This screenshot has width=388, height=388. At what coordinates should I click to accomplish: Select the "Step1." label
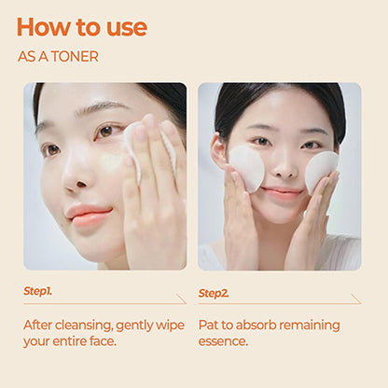[x=37, y=291]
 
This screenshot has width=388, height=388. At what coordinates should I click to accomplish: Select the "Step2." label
[x=214, y=293]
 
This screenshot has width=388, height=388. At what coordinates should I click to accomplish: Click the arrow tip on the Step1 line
[x=186, y=303]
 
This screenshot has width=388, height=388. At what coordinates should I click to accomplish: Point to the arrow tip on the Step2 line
[x=361, y=303]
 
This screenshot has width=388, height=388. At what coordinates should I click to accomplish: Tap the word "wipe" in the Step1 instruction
[x=170, y=326]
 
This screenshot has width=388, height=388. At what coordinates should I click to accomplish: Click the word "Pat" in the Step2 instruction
[x=208, y=326]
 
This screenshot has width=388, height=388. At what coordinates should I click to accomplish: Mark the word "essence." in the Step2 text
[x=223, y=341]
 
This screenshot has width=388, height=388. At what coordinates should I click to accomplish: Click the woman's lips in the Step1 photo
[x=90, y=215]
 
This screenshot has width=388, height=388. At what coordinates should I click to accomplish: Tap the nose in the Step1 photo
[x=76, y=175]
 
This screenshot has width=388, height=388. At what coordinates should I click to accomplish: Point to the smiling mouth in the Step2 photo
[x=282, y=192]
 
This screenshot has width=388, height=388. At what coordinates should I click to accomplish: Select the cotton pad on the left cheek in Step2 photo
[x=246, y=168]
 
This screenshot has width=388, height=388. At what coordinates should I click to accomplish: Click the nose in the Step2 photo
[x=284, y=168]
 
